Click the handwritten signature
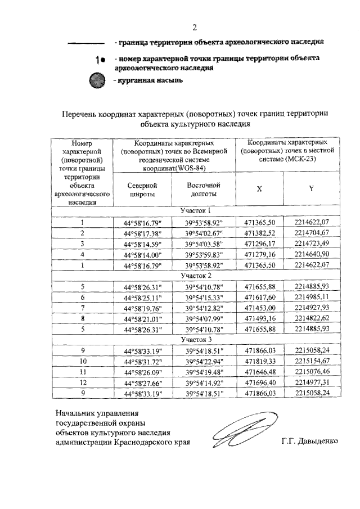pyautogui.click(x=237, y=433)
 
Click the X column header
pyautogui.click(x=259, y=189)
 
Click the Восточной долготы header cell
pyautogui.click(x=204, y=189)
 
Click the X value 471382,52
pyautogui.click(x=259, y=232)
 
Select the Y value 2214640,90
pyautogui.click(x=310, y=254)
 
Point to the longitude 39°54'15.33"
pyautogui.click(x=204, y=297)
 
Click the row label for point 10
pyautogui.click(x=82, y=362)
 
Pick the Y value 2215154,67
pyautogui.click(x=310, y=362)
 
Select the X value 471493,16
pyautogui.click(x=259, y=319)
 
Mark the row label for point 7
pyautogui.click(x=82, y=308)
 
